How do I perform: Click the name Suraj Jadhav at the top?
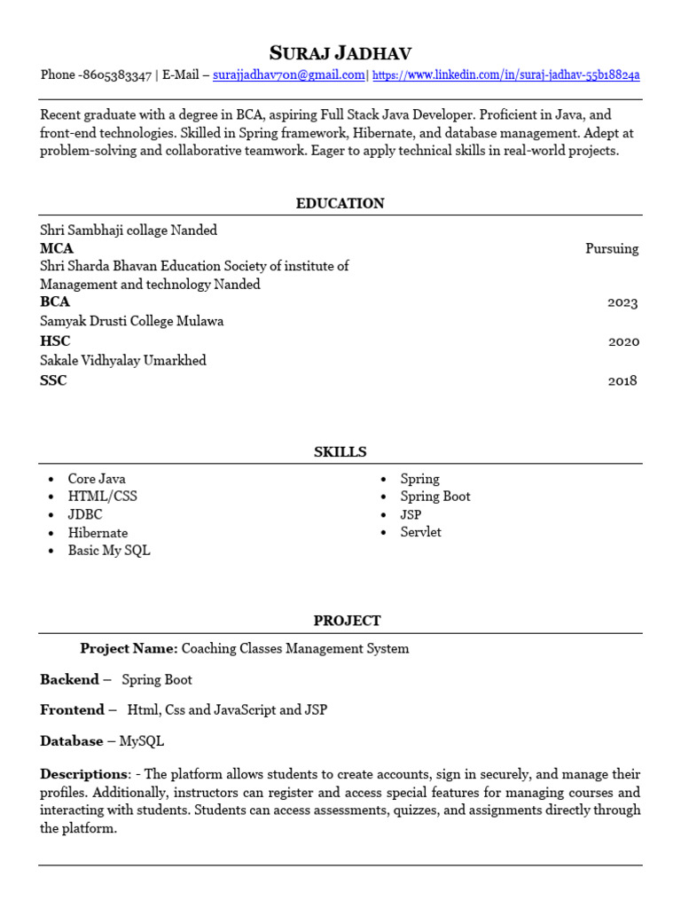coord(340,52)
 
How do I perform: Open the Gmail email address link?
coord(289,75)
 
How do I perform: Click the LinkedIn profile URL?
coord(505,75)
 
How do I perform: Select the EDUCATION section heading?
coord(340,203)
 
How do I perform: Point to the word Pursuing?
coord(611,248)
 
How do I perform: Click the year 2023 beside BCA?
coord(622,302)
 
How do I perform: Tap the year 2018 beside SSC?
coord(622,381)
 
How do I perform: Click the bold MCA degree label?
coord(57,248)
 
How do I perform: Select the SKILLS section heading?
coord(340,452)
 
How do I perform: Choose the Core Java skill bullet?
coord(97,479)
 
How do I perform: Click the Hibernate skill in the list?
coord(98,533)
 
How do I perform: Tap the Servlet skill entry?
coord(420,532)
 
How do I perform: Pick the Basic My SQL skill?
coord(109,551)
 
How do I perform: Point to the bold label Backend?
coord(69,680)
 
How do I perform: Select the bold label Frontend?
coord(72,710)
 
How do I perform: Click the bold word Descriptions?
coord(83,774)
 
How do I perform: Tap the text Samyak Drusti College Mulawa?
coord(131,322)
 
